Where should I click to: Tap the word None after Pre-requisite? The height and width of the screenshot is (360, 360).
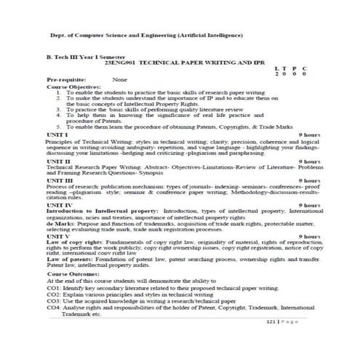coord(119,79)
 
